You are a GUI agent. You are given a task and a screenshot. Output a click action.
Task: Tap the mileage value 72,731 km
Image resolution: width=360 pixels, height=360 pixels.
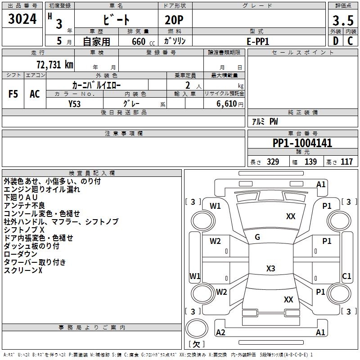tap(54, 65)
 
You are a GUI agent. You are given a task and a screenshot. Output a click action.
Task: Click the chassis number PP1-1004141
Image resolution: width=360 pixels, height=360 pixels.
tap(302, 144)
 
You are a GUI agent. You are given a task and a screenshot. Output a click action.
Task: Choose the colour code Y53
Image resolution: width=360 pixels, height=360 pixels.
tap(75, 103)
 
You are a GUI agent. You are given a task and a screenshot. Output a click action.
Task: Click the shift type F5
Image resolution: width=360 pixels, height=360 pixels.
tap(13, 94)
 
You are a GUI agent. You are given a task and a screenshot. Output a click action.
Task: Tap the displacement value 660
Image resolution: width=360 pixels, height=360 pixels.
tap(138, 41)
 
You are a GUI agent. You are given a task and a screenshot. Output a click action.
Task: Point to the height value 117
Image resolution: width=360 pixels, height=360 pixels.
tap(346, 162)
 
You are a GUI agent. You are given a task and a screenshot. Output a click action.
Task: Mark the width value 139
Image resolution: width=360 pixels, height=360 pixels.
tap(310, 162)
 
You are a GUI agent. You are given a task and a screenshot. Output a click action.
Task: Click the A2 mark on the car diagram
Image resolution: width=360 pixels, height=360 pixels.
tap(220, 333)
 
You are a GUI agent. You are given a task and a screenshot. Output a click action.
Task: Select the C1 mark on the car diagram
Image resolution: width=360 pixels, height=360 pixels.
tap(346, 276)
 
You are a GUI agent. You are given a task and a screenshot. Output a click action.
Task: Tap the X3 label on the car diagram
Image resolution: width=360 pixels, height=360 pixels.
tap(270, 269)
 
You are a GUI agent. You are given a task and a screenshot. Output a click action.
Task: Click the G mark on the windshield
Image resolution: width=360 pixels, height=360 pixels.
tap(257, 237)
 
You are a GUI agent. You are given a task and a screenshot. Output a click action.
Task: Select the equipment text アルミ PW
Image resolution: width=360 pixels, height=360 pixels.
tap(265, 121)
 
